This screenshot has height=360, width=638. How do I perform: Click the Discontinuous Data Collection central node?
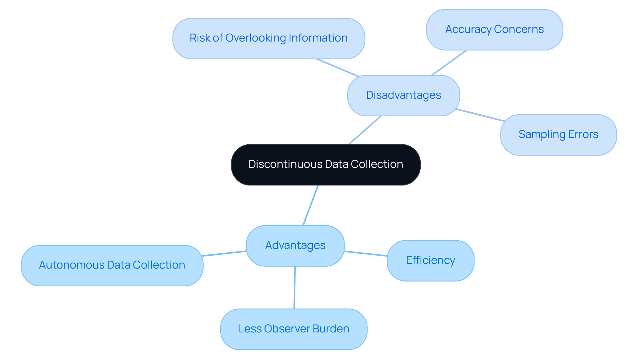[x=326, y=165]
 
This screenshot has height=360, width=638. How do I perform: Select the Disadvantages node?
[x=403, y=95]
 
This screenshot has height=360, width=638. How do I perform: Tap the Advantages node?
[x=295, y=246]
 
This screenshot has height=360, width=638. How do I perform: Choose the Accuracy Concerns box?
[x=494, y=30]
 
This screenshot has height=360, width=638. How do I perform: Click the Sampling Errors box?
[x=558, y=135]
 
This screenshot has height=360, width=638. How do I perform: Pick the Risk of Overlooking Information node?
[x=268, y=38]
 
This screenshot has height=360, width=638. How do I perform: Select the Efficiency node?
[x=430, y=260]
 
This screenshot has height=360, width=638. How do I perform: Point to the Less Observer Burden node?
[x=294, y=329]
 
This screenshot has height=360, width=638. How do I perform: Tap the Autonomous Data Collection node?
[x=112, y=265]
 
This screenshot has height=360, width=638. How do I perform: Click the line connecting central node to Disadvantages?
[x=365, y=130]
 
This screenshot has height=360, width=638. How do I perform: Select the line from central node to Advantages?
[x=311, y=205]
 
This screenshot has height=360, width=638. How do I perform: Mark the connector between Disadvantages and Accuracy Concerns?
[x=449, y=62]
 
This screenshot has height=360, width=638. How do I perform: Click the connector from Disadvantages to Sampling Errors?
[x=480, y=115]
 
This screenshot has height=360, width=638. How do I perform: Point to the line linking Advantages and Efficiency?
[x=366, y=254]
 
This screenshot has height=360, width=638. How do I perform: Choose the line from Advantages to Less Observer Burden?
[x=294, y=288]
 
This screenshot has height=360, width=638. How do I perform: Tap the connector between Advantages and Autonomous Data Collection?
[x=224, y=253]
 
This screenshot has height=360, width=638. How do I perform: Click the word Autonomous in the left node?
[x=72, y=265]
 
